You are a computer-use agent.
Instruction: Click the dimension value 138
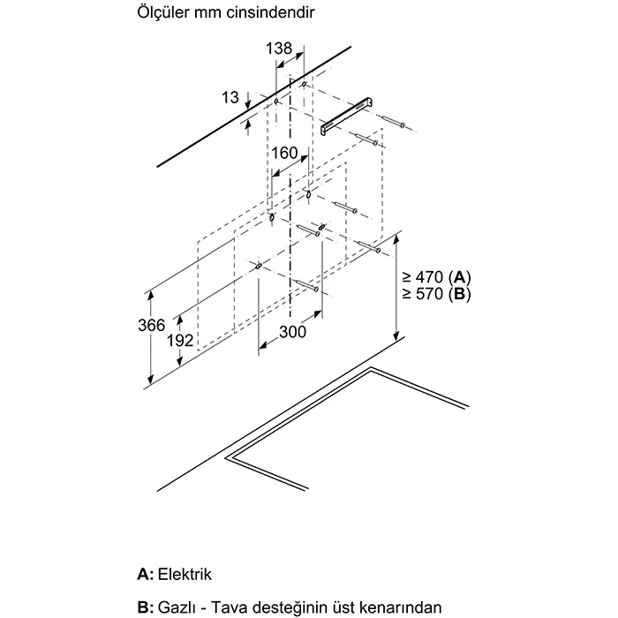point(279,49)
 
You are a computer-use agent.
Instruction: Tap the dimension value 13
point(230,98)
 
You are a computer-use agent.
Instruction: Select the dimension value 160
point(284,154)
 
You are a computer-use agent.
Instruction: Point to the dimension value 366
point(153,325)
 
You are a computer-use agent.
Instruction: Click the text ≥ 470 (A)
point(439,275)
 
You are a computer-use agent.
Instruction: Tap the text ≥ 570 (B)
point(439,293)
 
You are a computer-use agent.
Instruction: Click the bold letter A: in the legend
point(146,574)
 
